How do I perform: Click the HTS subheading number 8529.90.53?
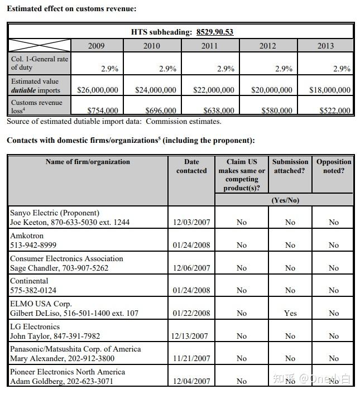[215, 32]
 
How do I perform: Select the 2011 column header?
[209, 46]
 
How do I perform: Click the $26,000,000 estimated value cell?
[98, 90]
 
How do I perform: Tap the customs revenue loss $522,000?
[335, 111]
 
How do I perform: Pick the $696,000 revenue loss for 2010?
[161, 111]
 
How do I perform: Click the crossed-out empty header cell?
[39, 45]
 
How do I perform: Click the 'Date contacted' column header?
[191, 166]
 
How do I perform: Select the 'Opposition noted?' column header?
[334, 166]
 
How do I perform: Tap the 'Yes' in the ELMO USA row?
[290, 313]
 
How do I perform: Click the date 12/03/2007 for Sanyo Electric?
[191, 222]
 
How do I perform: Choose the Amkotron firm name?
[27, 236]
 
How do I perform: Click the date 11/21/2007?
[191, 358]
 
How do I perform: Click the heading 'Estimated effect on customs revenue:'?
[71, 9]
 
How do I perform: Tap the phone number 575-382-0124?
[33, 290]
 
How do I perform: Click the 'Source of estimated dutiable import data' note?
[114, 121]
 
